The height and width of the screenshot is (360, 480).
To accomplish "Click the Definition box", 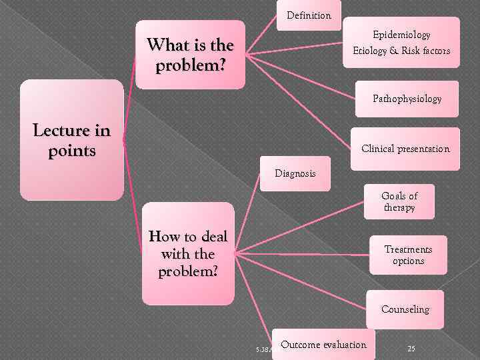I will (x=309, y=15).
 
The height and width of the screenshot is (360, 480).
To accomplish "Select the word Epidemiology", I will (x=401, y=35).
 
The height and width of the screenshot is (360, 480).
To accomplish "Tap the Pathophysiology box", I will (x=407, y=99).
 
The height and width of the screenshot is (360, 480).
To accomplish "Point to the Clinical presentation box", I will (x=405, y=149).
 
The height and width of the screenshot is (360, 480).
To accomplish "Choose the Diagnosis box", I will (x=295, y=173).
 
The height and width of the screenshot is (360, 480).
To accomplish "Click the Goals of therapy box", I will (x=399, y=201).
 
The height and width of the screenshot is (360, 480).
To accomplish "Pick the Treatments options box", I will (x=408, y=255).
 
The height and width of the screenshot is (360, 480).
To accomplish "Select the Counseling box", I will (x=405, y=309).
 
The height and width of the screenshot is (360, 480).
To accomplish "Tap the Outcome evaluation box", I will (x=323, y=345).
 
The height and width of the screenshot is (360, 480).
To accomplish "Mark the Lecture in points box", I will (x=71, y=141).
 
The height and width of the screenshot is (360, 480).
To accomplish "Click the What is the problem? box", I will (x=190, y=56).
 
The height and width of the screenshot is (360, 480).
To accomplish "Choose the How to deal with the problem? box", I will (x=188, y=254).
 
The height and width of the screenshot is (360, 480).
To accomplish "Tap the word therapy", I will (x=399, y=207).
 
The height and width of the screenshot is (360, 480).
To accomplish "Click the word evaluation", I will (x=344, y=345).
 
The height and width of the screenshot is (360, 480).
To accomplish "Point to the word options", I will (x=408, y=261).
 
